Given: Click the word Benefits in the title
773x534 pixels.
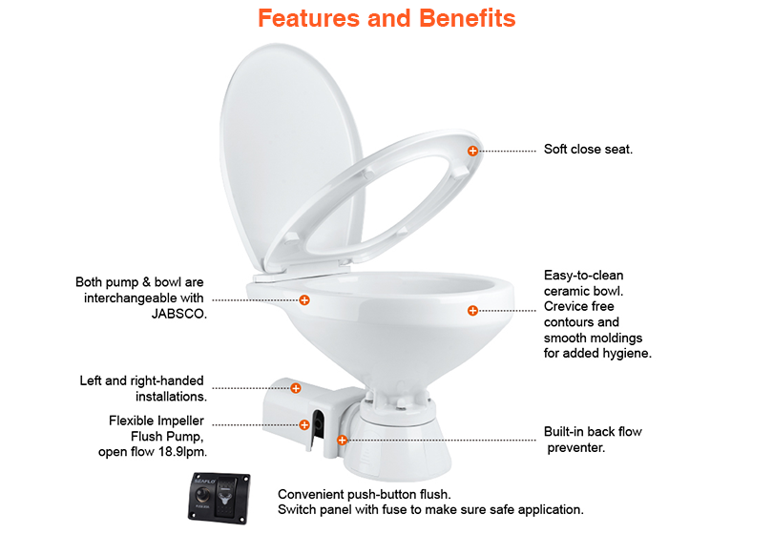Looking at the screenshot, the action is tap(467, 18).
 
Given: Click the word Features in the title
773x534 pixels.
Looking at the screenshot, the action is tap(309, 18).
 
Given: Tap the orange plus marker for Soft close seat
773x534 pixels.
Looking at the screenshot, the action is tap(472, 151).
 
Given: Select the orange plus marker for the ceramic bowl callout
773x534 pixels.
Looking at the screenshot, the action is tap(472, 310).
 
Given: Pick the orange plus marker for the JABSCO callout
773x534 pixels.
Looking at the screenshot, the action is tap(304, 299).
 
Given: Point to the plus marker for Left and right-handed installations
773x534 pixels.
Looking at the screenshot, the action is tap(295, 388).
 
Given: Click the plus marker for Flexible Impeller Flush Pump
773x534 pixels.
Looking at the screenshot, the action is tap(304, 424).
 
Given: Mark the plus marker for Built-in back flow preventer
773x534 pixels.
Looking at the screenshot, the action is tap(342, 440).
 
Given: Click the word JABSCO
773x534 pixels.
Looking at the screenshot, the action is tap(178, 314).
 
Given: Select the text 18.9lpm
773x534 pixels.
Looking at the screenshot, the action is tap(182, 452).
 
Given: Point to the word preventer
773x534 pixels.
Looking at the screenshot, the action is tap(575, 448).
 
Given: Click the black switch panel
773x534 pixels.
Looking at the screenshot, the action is tap(219, 498).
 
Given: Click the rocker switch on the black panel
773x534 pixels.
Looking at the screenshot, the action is tap(227, 497).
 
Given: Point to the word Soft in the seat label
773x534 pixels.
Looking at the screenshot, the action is tap(555, 149).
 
